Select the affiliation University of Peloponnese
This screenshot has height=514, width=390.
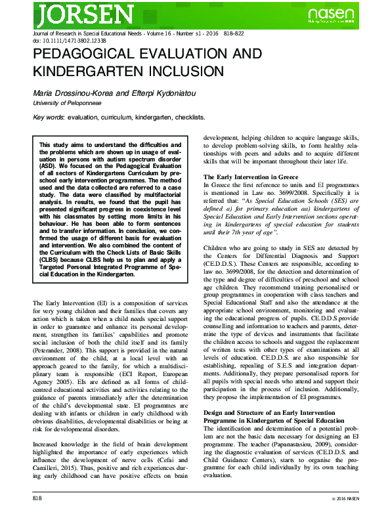pyautogui.click(x=67, y=103)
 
